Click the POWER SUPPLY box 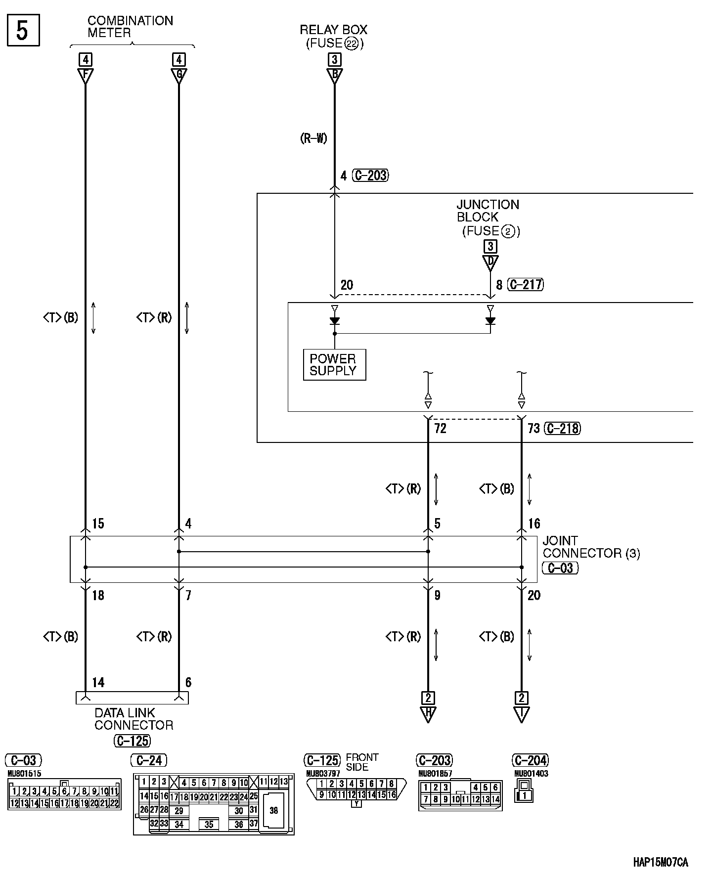(x=334, y=365)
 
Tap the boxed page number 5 (x=23, y=31)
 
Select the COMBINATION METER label (x=130, y=27)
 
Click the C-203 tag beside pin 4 (x=371, y=175)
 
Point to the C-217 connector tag (x=526, y=285)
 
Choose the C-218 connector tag (x=562, y=429)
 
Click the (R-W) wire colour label (x=313, y=138)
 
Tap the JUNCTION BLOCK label (x=488, y=211)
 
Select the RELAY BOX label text (x=334, y=30)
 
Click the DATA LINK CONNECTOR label (x=133, y=719)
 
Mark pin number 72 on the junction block (x=440, y=429)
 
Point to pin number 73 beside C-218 (x=534, y=429)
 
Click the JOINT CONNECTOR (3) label (x=591, y=547)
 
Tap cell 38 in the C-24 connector (x=273, y=810)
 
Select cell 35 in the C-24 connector (x=209, y=824)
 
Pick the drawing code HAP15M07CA (x=660, y=863)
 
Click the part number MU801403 (x=531, y=774)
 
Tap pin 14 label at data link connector (x=98, y=683)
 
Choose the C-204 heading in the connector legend (x=531, y=760)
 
